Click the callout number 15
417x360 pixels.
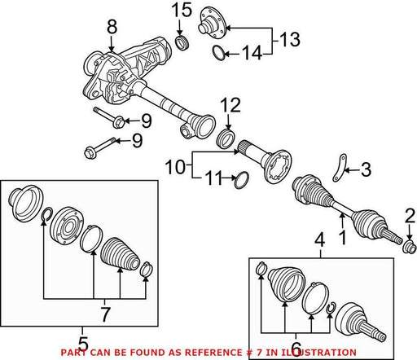click(182, 11)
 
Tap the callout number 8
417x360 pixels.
click(112, 27)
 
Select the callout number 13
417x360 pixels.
click(290, 39)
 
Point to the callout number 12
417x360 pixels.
click(230, 105)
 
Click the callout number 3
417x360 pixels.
click(366, 169)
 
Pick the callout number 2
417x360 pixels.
click(410, 217)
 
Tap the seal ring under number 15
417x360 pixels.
click(182, 42)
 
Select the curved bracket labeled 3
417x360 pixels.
click(339, 169)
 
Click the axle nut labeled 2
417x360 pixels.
click(410, 246)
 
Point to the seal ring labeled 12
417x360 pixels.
click(226, 139)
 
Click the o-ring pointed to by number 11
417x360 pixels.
click(241, 180)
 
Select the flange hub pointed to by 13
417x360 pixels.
click(213, 23)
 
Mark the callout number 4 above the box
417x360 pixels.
click(320, 241)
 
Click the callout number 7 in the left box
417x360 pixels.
click(105, 314)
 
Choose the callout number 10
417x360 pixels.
click(175, 167)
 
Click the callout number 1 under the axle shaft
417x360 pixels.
click(343, 238)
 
